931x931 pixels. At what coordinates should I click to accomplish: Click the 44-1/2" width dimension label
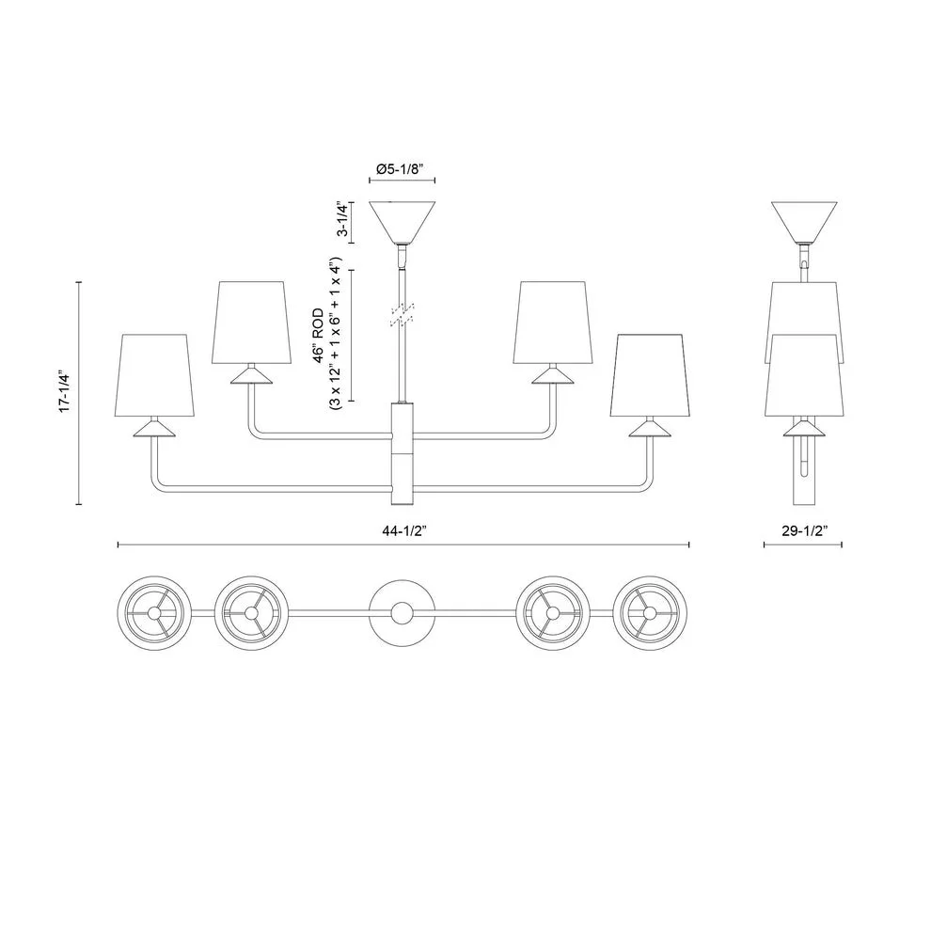[404, 530]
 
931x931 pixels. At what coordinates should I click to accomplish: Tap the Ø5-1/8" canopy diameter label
[401, 169]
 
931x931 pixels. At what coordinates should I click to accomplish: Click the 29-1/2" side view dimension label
[802, 530]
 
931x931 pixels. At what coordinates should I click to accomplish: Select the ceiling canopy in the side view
[805, 220]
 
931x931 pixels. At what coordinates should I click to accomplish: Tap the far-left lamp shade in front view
[157, 373]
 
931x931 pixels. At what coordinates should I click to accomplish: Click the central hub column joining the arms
[402, 451]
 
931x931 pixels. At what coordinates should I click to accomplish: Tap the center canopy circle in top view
[402, 612]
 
